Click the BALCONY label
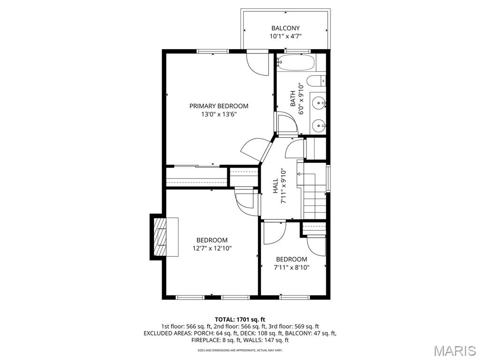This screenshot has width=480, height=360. coord(285,28)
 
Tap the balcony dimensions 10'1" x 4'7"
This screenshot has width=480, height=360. coord(285,37)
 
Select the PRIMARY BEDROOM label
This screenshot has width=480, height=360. coord(219,106)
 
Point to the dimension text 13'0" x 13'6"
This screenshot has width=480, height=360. coord(219,114)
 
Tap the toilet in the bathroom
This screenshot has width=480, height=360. coord(319,81)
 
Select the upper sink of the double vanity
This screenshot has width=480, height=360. coord(319,102)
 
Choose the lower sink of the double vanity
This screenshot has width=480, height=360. coord(319,125)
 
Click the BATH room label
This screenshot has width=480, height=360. coord(293,99)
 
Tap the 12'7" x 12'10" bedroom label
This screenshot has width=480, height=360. coord(212,240)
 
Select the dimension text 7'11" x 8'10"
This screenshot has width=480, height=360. coord(292,267)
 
